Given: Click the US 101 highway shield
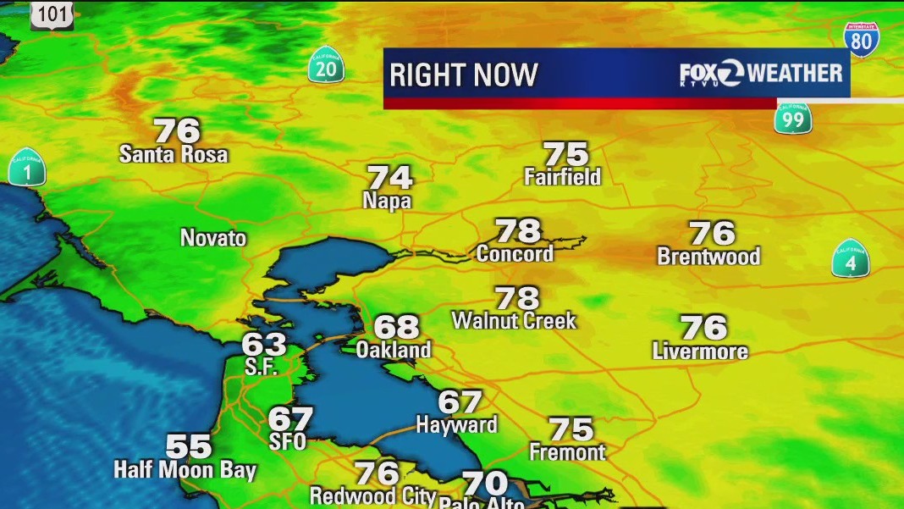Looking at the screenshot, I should coord(52,14).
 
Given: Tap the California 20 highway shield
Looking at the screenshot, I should coord(326,65).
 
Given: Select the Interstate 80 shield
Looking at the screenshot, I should coord(861,40).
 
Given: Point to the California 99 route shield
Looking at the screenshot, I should coord(793,118).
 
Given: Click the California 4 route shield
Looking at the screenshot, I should coord(851,258).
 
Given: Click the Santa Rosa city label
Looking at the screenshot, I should coord(174,154).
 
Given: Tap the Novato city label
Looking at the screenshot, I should coord(213,238).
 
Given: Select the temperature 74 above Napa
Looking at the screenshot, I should coord(389,178).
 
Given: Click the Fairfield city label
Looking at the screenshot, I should coord(562,177).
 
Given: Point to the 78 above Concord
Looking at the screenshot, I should coord(517,230).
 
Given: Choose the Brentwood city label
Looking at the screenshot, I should coord(708,256).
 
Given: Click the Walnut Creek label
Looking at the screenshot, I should coord(514,321).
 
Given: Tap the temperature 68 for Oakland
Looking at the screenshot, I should coord(396,327).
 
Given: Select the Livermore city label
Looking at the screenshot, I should coord(700,351).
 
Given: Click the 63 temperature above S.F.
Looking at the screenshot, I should coord(264,345).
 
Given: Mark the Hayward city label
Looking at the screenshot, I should coord(456,425).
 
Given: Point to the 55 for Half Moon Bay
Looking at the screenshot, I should coord(188,445).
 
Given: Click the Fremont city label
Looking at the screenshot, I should coord(567,452).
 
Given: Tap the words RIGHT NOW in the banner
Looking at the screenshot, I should coord(463,75).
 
